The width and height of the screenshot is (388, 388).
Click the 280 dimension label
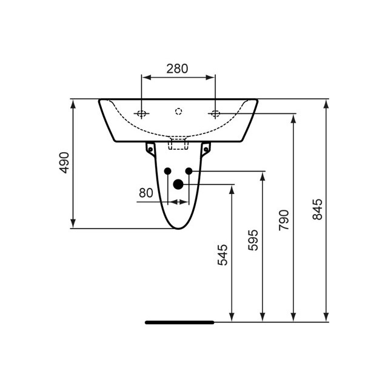point(177,69)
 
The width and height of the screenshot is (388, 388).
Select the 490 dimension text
point(64,162)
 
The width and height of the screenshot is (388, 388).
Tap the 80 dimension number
point(145,193)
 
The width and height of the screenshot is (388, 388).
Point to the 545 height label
point(222,255)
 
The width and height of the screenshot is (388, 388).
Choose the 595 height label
point(253,239)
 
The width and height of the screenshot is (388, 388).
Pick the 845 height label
point(318,209)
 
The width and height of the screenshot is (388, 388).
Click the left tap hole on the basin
point(141,113)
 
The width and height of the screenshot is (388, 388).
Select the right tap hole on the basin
point(215,113)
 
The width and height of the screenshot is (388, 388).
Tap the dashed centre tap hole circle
point(178,111)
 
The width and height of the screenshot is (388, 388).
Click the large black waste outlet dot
point(178,184)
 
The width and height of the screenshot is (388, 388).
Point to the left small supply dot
point(168,171)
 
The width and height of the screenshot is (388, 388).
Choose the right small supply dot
point(189,171)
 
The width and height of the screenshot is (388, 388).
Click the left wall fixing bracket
point(150,148)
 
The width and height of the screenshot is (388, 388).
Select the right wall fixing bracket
point(206,148)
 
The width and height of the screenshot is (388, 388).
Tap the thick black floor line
point(179,323)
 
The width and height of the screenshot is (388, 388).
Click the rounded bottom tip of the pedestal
point(178,227)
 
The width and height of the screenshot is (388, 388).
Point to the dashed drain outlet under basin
point(178,143)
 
